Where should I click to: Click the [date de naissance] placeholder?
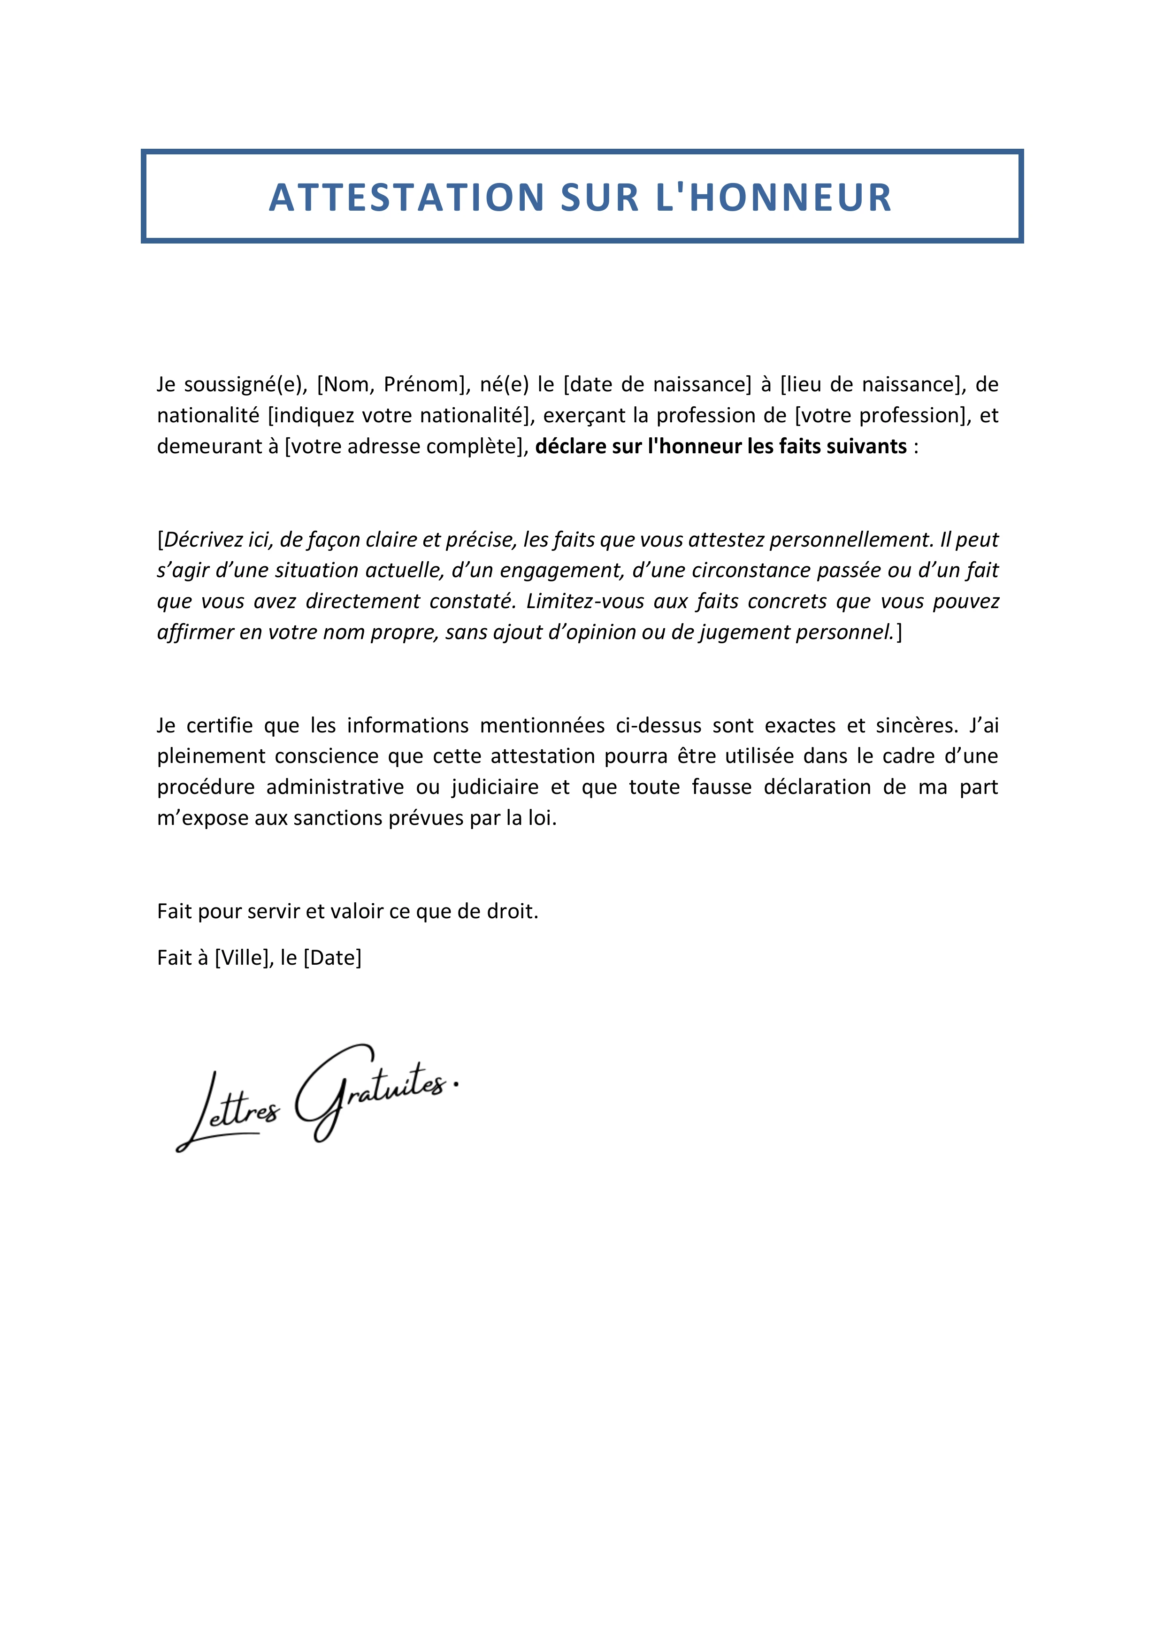(657, 385)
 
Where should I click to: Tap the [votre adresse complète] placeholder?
(406, 447)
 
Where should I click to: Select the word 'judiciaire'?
(495, 788)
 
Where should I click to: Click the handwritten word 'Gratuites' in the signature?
(373, 1090)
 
